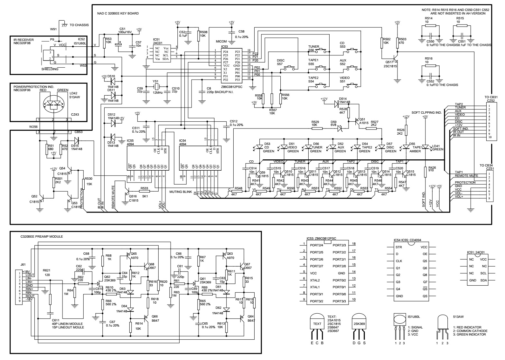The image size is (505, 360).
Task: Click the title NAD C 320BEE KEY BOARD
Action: coord(118,14)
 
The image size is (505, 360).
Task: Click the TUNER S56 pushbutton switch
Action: coord(320,51)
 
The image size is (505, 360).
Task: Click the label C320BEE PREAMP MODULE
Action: coord(42,237)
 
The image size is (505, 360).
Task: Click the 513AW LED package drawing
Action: coord(443,325)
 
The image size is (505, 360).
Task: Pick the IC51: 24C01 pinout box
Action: coord(478,270)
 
